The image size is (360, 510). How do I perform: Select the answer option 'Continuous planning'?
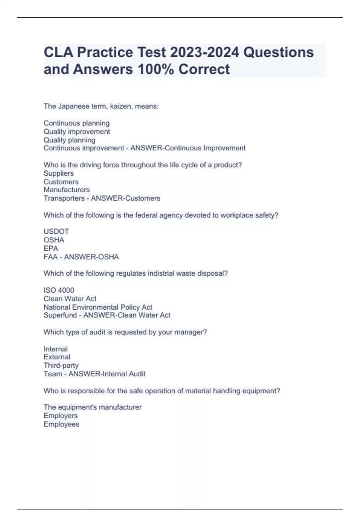76,123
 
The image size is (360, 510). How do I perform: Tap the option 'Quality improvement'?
77,131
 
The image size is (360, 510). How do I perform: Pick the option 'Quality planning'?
70,140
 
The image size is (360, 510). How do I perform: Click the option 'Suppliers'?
58,173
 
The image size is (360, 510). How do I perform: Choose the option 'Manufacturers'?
67,190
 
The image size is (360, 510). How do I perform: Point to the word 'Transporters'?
64,198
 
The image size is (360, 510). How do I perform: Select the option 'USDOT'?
56,232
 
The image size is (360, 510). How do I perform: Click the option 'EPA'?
51,248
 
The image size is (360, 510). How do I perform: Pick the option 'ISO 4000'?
59,290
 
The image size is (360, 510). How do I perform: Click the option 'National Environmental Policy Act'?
98,307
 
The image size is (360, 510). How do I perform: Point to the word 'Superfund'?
60,315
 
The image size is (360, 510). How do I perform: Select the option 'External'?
57,357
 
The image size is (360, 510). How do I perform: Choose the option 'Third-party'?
61,365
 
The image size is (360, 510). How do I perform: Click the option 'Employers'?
61,416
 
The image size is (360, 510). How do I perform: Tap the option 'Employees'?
61,424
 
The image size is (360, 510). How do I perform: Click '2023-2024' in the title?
204,52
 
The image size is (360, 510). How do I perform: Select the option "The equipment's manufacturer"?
92,407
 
